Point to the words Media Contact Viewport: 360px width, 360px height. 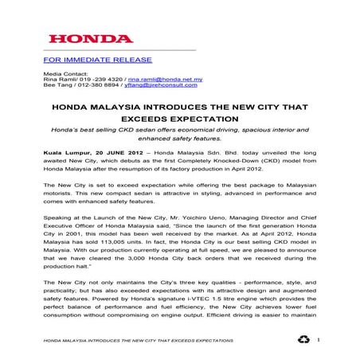coord(61,73)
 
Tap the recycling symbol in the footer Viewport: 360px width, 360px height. coord(303,339)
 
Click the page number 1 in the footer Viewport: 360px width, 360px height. coord(318,340)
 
